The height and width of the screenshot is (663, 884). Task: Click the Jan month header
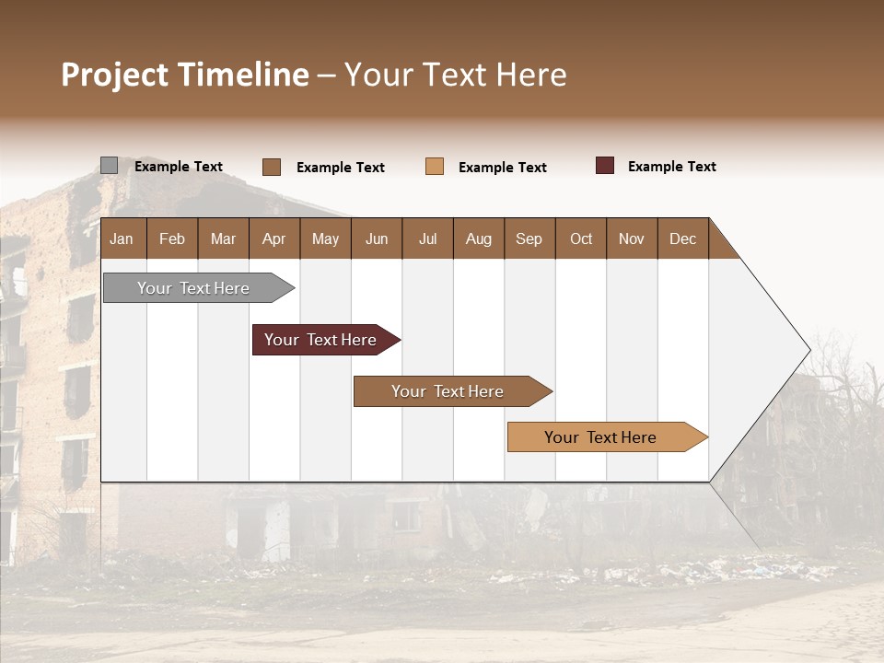122,238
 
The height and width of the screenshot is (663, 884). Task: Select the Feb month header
172,238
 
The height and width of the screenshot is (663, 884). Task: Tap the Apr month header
274,238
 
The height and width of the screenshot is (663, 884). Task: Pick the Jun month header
377,238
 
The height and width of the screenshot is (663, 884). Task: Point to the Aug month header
479,238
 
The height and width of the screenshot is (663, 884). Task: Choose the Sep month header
529,238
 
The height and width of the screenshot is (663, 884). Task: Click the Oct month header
581,238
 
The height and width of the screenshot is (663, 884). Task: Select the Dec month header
683,238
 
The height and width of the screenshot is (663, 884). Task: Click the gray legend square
110,166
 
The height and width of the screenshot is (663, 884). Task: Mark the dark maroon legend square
605,166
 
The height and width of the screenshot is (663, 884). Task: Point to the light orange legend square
435,167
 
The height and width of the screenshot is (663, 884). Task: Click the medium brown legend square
272,167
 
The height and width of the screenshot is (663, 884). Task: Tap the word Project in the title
115,75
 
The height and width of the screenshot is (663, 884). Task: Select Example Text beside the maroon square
671,167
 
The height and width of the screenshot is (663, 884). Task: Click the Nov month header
632,238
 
